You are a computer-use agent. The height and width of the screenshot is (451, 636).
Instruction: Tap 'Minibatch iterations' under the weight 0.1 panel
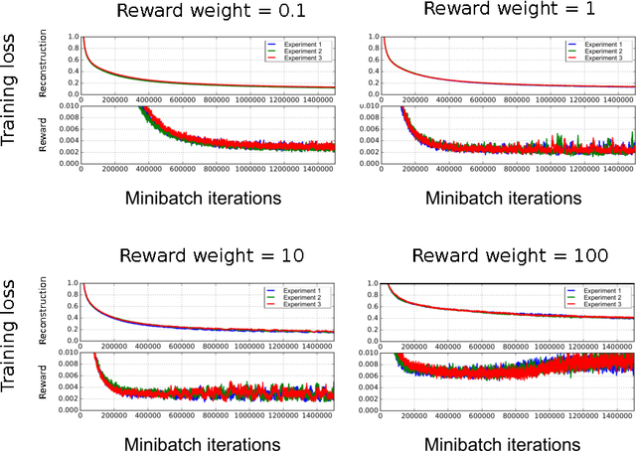click(x=205, y=198)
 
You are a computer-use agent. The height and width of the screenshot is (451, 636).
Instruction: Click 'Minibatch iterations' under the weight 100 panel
click(x=504, y=443)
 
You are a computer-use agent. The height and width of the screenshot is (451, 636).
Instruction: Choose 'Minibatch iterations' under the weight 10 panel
click(x=205, y=443)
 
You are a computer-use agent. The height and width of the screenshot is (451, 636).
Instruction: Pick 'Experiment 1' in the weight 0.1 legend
click(x=301, y=45)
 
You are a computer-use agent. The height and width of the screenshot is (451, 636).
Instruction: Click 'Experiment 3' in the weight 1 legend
click(x=603, y=60)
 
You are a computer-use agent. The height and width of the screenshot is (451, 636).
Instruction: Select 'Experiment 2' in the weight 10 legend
click(x=301, y=298)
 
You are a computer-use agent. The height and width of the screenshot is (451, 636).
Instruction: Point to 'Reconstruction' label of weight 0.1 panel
click(x=44, y=67)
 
